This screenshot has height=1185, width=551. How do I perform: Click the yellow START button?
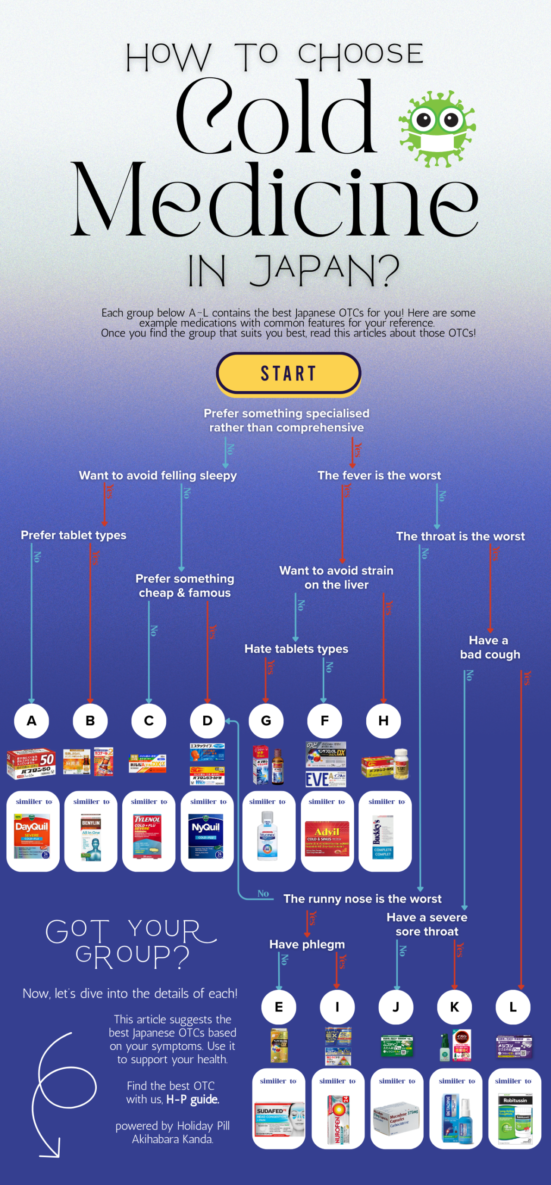[x=288, y=373]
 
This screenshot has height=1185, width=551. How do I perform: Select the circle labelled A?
[x=31, y=721]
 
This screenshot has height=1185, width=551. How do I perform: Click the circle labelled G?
[x=266, y=721]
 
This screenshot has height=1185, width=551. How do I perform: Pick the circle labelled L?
[x=513, y=1007]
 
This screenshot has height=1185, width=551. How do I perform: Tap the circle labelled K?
[x=454, y=1007]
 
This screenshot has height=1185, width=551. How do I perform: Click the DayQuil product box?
[x=31, y=836]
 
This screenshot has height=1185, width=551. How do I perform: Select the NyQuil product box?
[x=206, y=836]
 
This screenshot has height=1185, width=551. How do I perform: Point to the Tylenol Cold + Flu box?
[x=147, y=836]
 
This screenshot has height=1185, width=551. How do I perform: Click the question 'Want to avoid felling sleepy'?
[x=157, y=475]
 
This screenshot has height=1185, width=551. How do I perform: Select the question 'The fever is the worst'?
[x=379, y=475]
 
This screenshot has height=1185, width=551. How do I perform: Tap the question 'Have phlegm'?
[x=307, y=944]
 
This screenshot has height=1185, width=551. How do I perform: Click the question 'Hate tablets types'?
[x=296, y=649]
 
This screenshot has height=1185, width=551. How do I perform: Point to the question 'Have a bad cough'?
[x=490, y=647]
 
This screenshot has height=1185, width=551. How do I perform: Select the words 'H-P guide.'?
[x=193, y=1099]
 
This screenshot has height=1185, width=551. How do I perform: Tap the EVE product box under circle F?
[x=325, y=779]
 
